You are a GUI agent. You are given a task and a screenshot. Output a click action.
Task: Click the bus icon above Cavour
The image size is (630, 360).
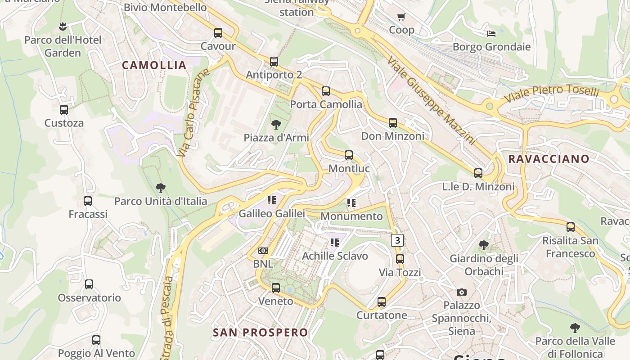pyautogui.click(x=218, y=33)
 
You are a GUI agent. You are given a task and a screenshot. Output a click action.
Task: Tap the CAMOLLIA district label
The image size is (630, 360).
pyautogui.click(x=154, y=65)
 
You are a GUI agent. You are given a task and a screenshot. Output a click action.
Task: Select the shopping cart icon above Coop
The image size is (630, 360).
pyautogui.click(x=401, y=17)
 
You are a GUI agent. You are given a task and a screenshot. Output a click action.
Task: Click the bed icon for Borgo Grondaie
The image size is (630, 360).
pyautogui.click(x=491, y=33)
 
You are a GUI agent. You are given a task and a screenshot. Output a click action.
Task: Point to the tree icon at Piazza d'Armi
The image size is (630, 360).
pyautogui.click(x=276, y=124)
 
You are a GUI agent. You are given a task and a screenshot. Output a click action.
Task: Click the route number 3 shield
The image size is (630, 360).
pyautogui.click(x=396, y=241)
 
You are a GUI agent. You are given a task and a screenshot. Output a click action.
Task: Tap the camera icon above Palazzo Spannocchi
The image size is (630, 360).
pyautogui.click(x=462, y=292)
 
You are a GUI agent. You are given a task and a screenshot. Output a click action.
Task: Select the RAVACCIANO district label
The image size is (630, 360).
pyautogui.click(x=549, y=159)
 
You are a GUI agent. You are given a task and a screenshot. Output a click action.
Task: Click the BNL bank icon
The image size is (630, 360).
pyautogui.click(x=263, y=251)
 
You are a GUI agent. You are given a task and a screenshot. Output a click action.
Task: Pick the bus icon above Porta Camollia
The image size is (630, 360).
pyautogui.click(x=326, y=91)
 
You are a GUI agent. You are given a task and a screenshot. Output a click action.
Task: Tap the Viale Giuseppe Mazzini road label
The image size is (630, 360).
pyautogui.click(x=431, y=101)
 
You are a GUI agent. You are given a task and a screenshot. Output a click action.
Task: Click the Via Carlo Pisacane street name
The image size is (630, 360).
pyautogui.click(x=193, y=113)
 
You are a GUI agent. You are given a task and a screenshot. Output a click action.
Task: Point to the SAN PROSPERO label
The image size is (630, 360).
pyautogui.click(x=260, y=333)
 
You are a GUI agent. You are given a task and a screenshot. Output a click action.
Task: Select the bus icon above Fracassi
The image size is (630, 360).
pyautogui.click(x=88, y=201)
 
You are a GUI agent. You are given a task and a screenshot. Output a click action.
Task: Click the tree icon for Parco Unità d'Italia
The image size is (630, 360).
pyautogui.click(x=160, y=188)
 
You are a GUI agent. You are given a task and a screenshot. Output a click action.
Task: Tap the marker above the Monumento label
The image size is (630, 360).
pyautogui.click(x=351, y=203)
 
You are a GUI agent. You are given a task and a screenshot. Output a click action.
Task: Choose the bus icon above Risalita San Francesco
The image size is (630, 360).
pyautogui.click(x=571, y=227)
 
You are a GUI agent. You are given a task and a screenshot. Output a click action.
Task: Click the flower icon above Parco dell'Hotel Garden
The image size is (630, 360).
pyautogui.click(x=63, y=27)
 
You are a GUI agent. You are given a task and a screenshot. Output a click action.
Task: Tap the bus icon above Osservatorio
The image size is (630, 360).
pyautogui.click(x=89, y=284)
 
